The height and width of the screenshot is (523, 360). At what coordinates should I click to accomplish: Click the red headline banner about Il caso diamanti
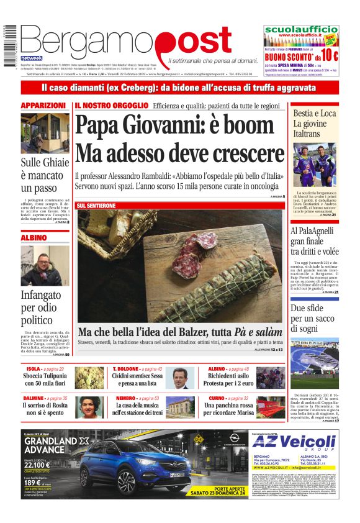(x=179, y=88)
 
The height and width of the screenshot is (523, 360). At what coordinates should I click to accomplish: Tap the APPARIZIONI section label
(x=43, y=106)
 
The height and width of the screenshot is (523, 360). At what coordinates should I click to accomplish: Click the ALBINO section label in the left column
(x=34, y=237)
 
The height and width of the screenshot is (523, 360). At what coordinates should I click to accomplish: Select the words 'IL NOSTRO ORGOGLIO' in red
(x=112, y=106)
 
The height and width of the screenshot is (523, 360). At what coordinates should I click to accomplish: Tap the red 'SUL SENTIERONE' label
(x=96, y=205)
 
